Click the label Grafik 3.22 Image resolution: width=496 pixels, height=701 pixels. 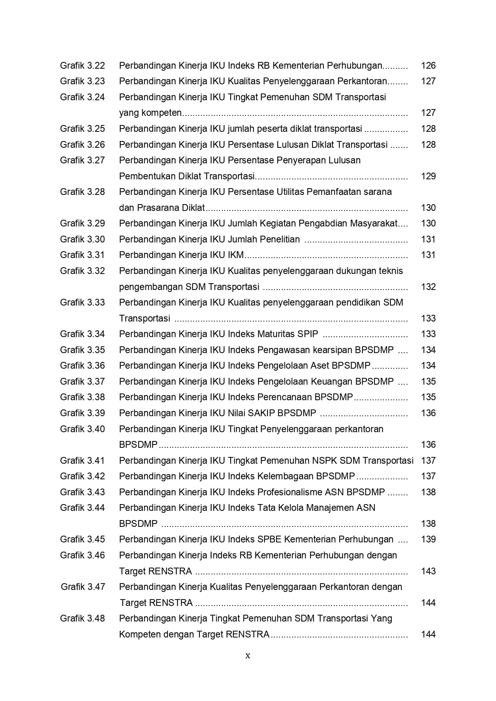(82, 66)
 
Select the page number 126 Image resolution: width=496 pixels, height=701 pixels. (428, 66)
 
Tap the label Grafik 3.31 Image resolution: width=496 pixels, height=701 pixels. (82, 255)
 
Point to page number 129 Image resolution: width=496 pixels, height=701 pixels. (428, 176)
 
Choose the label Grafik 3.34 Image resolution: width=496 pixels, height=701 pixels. (82, 334)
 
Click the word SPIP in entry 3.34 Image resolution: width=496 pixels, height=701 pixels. (308, 334)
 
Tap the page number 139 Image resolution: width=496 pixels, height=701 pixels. (428, 539)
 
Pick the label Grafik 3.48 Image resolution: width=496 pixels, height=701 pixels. (82, 618)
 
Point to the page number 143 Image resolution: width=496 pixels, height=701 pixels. (428, 571)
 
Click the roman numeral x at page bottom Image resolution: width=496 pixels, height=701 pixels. (248, 655)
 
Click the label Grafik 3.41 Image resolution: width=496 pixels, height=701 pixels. (82, 461)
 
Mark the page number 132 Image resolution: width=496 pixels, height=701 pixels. (428, 287)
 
